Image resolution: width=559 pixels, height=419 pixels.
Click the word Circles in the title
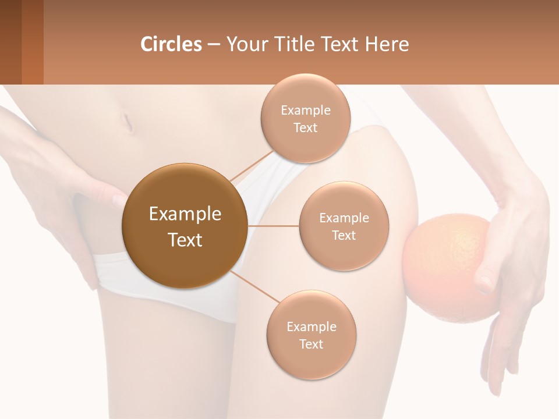pyautogui.click(x=171, y=44)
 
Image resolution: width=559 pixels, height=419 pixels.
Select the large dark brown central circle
pyautogui.click(x=185, y=226)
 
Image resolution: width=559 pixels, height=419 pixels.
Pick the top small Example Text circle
pyautogui.click(x=306, y=118)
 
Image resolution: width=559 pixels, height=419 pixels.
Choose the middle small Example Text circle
pyautogui.click(x=344, y=226)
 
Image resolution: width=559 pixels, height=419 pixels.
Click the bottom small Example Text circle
pyautogui.click(x=311, y=335)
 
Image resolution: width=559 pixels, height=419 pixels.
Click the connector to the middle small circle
pyautogui.click(x=273, y=226)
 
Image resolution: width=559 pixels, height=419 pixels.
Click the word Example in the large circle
pyautogui.click(x=185, y=214)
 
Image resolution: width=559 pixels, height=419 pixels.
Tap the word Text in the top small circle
pyautogui.click(x=306, y=127)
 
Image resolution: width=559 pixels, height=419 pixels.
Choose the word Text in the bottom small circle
pyautogui.click(x=311, y=344)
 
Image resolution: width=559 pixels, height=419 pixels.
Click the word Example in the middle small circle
pyautogui.click(x=344, y=218)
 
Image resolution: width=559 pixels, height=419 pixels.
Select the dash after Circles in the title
pyautogui.click(x=213, y=44)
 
